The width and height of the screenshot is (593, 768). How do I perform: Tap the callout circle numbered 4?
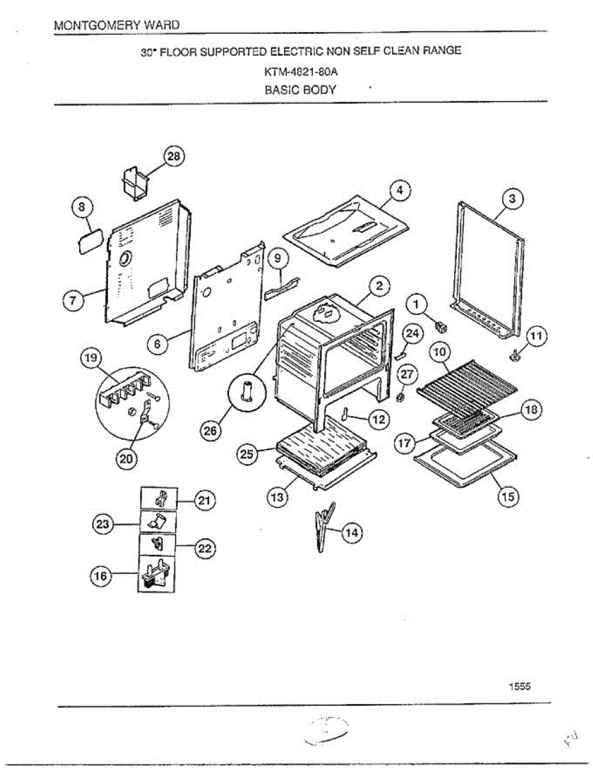399,190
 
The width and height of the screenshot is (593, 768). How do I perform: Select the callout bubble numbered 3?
512,199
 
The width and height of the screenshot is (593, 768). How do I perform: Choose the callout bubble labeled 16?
101,576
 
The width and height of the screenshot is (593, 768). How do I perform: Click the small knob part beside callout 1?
440,327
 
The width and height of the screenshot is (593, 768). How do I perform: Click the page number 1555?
519,686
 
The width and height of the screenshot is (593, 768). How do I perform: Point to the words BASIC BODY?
301,90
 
